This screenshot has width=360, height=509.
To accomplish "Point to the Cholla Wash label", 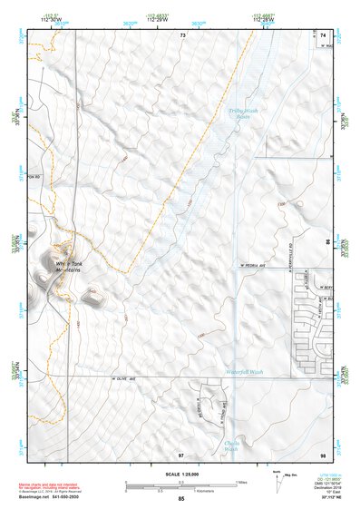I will click(230, 445).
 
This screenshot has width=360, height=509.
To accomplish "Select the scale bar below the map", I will click(180, 485).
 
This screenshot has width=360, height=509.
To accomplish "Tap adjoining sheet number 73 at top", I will click(182, 34).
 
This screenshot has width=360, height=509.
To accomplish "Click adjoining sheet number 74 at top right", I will click(324, 34).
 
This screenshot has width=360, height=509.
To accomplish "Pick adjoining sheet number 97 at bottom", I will click(181, 455).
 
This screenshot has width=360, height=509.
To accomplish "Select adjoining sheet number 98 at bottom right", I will click(323, 455).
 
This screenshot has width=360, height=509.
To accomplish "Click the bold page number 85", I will click(181, 500).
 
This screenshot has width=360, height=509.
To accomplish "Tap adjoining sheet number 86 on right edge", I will click(328, 244).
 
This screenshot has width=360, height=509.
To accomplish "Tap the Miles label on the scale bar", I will click(239, 482).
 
